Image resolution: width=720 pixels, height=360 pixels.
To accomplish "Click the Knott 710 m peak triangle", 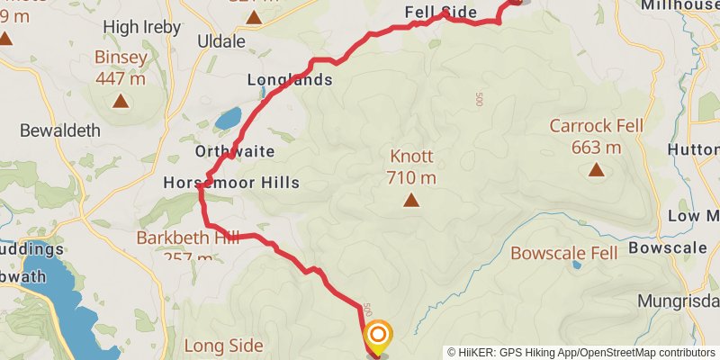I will [x=411, y=201].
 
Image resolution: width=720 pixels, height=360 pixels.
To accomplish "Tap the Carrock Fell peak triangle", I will [x=595, y=169].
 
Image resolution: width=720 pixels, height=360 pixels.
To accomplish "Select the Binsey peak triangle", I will [x=120, y=102].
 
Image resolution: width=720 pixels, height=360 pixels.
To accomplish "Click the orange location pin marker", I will [x=378, y=337].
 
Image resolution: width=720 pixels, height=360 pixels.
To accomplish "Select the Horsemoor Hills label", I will [x=231, y=183].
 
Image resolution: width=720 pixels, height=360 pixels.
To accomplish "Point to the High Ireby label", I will [x=135, y=27].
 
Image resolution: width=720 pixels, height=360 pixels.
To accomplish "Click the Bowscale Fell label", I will [x=564, y=253].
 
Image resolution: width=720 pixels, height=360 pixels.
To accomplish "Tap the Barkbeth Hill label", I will [x=187, y=238].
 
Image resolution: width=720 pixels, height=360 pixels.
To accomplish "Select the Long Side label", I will [x=223, y=346].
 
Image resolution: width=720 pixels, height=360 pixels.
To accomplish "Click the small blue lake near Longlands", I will [x=228, y=118].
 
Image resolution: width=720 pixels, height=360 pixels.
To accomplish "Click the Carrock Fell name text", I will [x=596, y=126].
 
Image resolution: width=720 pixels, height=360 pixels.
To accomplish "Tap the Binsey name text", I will [x=121, y=58].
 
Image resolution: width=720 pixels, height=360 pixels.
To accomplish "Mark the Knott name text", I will [x=411, y=155].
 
